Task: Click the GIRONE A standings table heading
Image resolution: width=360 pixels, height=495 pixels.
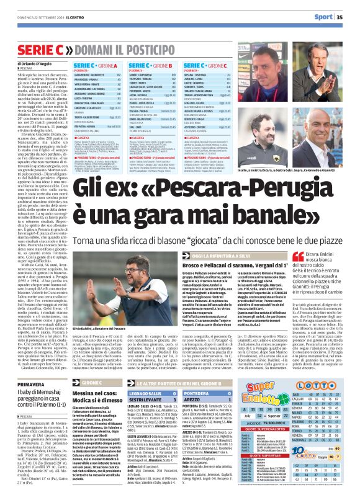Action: coord(96,65)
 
